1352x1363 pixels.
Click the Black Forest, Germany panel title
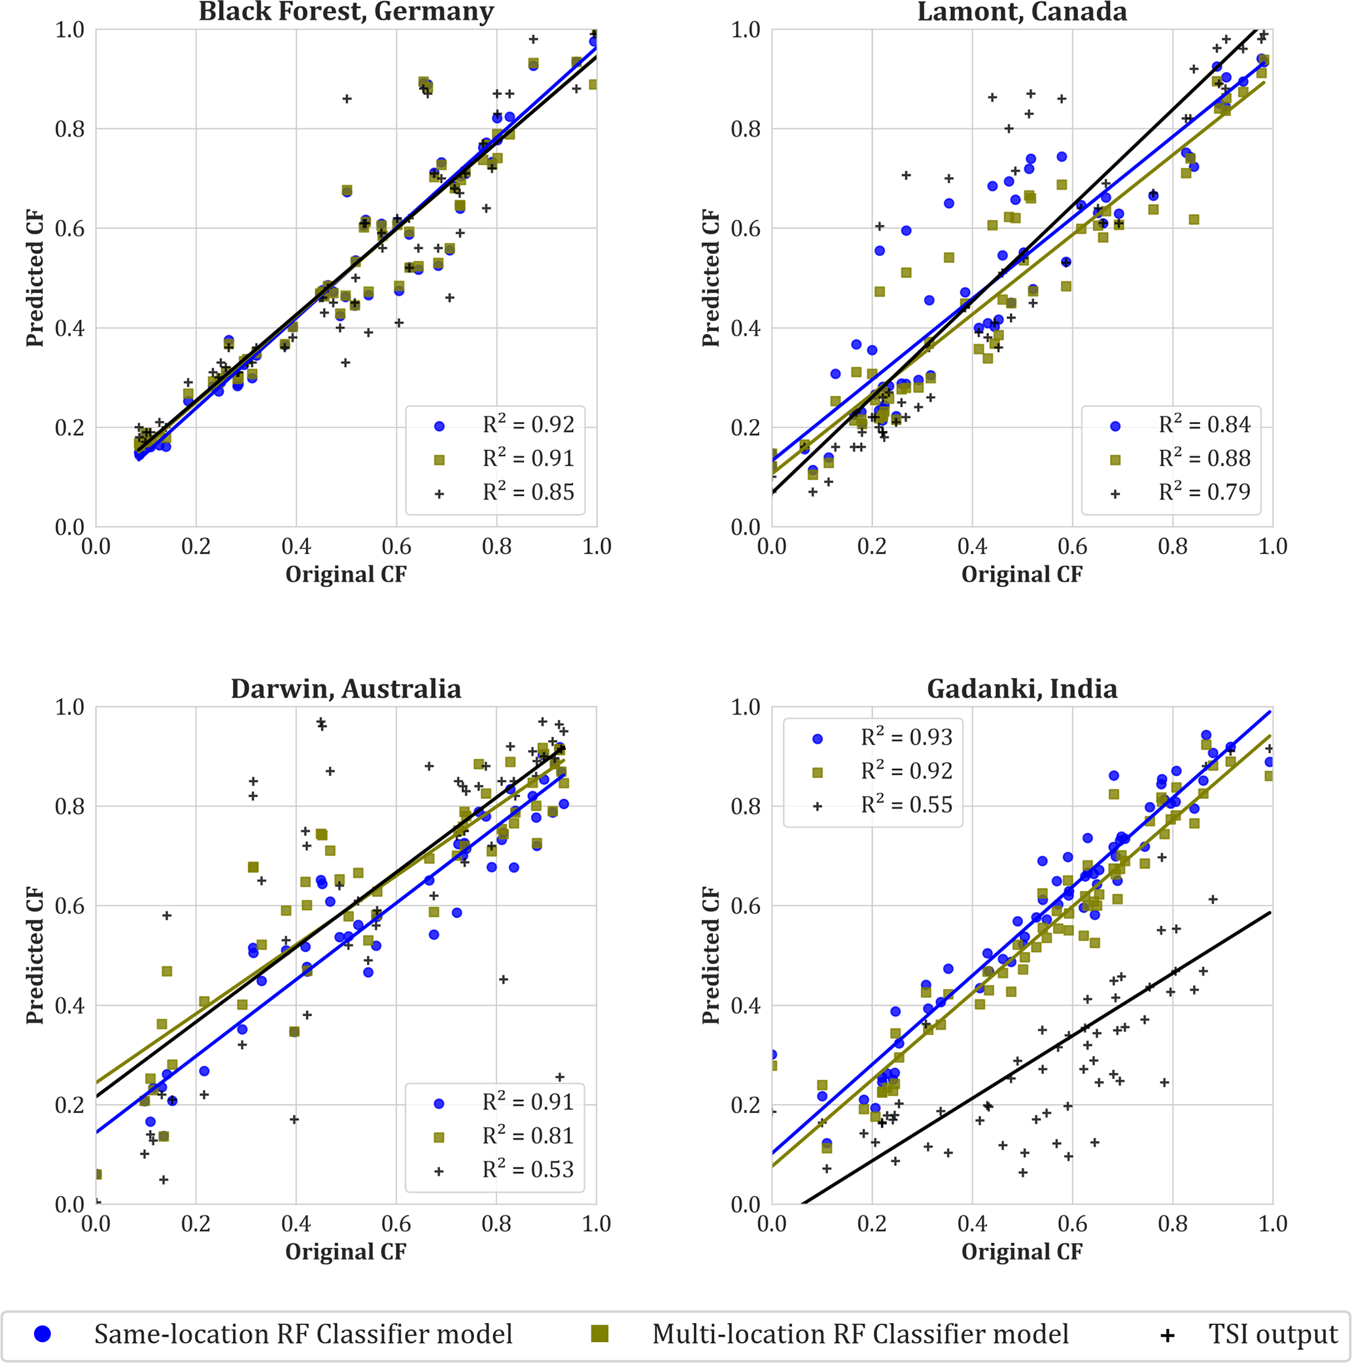(346, 12)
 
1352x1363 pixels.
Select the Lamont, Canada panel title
(1022, 12)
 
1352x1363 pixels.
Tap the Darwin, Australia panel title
(346, 688)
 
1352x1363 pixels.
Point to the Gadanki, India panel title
(1022, 688)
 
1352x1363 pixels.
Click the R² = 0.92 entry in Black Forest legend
(529, 425)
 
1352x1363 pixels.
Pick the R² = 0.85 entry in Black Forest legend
(529, 493)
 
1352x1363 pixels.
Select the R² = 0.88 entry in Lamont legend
(1205, 459)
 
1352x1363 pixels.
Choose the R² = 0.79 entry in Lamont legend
(1205, 493)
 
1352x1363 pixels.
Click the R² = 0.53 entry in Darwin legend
(529, 1170)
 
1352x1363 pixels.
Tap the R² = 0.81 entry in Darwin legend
(529, 1136)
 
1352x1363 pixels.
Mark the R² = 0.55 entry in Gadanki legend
(907, 805)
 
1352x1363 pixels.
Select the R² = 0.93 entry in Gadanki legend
(907, 737)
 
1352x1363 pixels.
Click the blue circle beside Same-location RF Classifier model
(43, 1334)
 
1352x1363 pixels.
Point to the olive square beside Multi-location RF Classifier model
(600, 1334)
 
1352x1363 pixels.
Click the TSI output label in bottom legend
(1273, 1334)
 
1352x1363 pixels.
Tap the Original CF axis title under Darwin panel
(345, 1252)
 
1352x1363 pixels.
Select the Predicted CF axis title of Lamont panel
(711, 278)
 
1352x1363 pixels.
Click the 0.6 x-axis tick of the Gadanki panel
(1072, 1224)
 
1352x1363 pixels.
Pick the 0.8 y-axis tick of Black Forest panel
(70, 129)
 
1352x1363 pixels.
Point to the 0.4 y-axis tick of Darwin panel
(70, 1005)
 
